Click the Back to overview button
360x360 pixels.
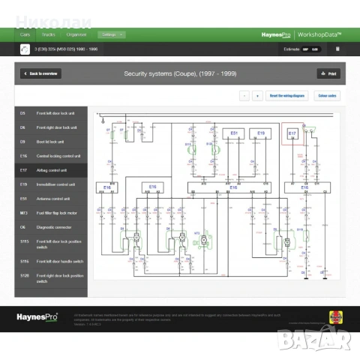[41, 73]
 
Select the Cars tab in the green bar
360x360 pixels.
[25, 34]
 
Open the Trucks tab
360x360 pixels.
[48, 34]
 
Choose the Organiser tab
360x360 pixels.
[76, 34]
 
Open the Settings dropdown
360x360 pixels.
[111, 34]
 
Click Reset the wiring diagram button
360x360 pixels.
[287, 96]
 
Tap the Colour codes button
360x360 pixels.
[327, 96]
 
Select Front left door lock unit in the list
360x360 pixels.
[51, 113]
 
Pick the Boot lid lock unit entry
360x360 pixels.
[51, 142]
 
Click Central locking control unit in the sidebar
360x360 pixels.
[51, 156]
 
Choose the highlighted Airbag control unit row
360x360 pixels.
[51, 170]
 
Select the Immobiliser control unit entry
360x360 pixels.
[51, 184]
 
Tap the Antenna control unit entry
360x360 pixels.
[51, 199]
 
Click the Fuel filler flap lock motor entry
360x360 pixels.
[51, 213]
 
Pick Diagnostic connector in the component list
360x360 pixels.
[51, 227]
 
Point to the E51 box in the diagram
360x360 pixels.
[234, 134]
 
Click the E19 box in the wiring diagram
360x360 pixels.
[261, 134]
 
